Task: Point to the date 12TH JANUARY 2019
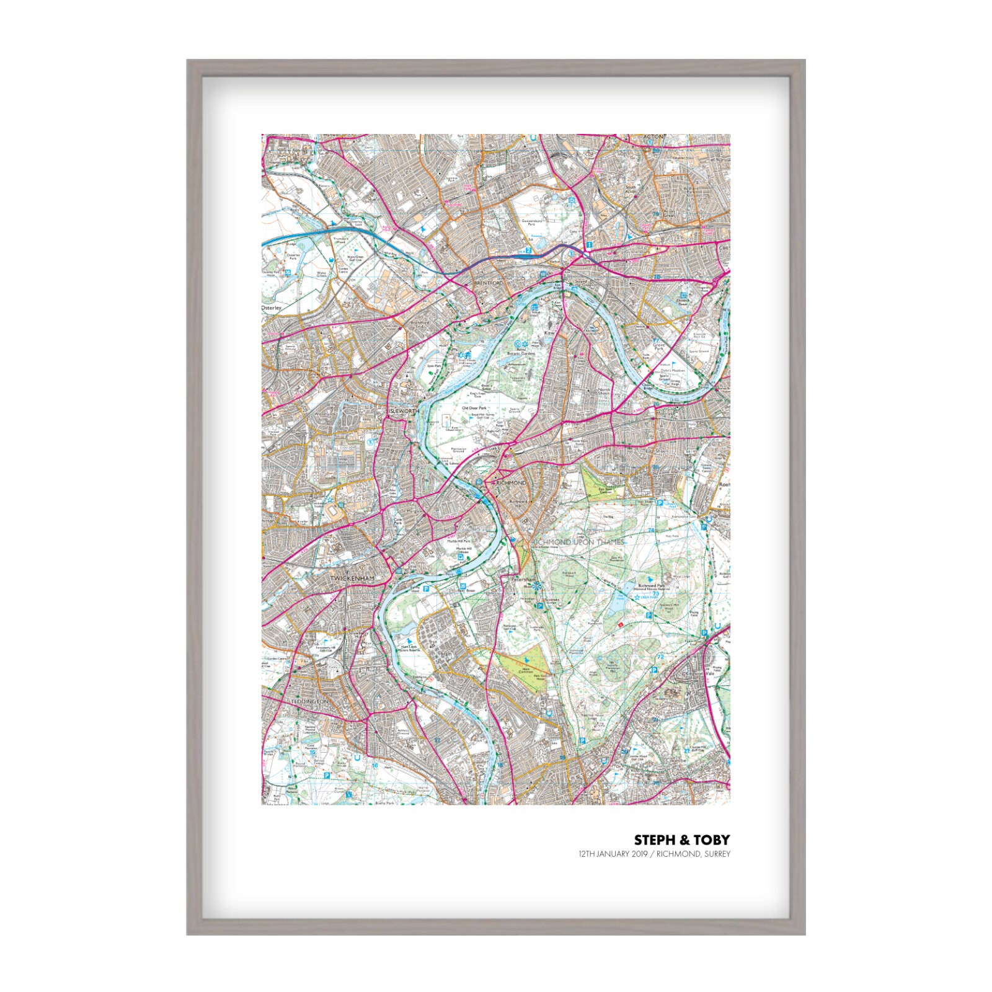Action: (x=613, y=854)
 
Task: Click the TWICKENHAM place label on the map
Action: (x=353, y=578)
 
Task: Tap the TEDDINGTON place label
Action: (x=309, y=701)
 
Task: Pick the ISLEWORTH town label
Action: (x=404, y=411)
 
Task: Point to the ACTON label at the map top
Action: (x=653, y=137)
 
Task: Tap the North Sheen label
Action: (x=603, y=392)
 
